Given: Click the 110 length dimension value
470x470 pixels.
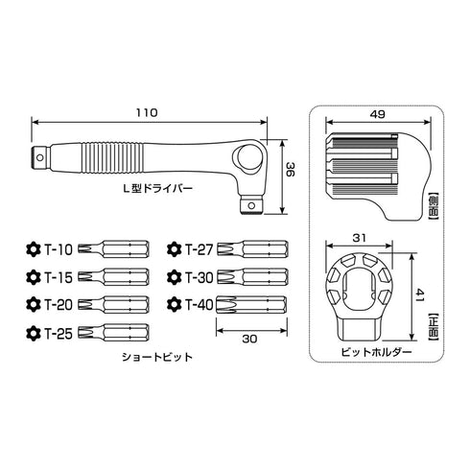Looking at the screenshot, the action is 147,113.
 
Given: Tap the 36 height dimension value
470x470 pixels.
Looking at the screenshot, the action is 290,170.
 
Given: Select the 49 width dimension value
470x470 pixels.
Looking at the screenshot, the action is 378,114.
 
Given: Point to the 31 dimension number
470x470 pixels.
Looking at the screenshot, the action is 359,238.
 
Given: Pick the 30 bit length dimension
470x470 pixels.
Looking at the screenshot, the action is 249,339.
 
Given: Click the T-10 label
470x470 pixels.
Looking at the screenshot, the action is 59,249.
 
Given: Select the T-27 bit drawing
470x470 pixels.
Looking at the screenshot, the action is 252,249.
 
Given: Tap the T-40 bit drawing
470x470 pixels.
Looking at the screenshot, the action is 251,305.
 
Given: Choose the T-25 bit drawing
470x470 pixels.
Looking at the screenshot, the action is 113,332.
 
